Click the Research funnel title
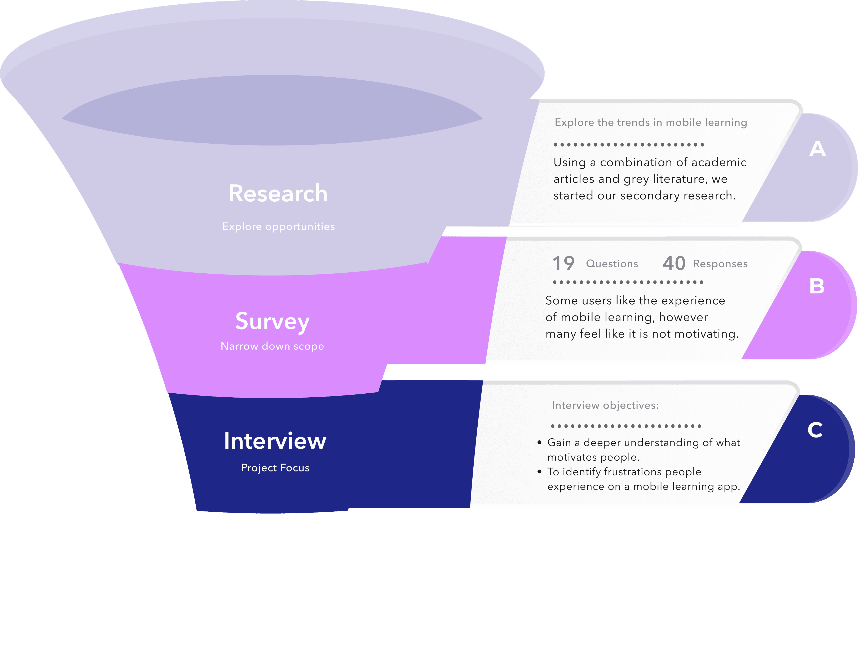pyautogui.click(x=278, y=193)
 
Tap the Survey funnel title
pyautogui.click(x=272, y=321)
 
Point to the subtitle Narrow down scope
pyautogui.click(x=272, y=346)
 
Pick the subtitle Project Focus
pyautogui.click(x=275, y=468)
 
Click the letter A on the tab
pyautogui.click(x=817, y=149)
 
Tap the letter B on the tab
pyautogui.click(x=817, y=286)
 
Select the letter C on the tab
pyautogui.click(x=815, y=430)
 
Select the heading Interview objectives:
pyautogui.click(x=605, y=405)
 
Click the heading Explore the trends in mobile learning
pyautogui.click(x=651, y=123)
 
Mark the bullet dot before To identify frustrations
pyautogui.click(x=539, y=471)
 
